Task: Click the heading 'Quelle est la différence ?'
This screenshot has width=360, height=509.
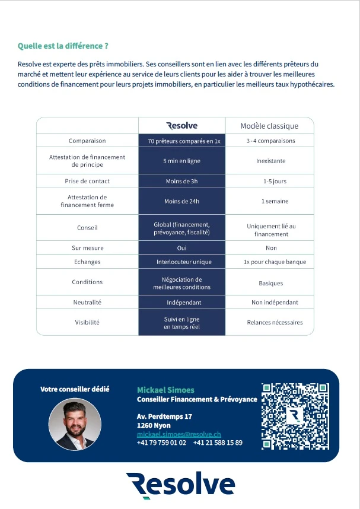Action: (63, 46)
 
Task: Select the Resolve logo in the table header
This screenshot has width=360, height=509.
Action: (181, 125)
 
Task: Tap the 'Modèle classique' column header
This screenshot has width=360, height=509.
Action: (269, 126)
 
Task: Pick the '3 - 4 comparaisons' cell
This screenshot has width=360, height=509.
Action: (270, 141)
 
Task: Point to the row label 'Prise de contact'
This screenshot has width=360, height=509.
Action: (87, 181)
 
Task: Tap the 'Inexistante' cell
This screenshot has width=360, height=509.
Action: (270, 161)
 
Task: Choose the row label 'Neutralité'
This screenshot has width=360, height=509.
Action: (87, 302)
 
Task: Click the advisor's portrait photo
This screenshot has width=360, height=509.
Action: (75, 424)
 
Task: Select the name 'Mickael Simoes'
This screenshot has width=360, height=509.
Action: (165, 390)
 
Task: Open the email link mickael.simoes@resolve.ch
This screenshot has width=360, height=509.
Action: (179, 434)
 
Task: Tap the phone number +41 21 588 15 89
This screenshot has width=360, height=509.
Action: (218, 443)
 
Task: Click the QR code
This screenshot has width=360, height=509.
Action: (295, 415)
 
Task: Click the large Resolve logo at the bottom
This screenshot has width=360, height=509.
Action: (180, 485)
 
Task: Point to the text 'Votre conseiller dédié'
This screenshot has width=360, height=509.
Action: (75, 389)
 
